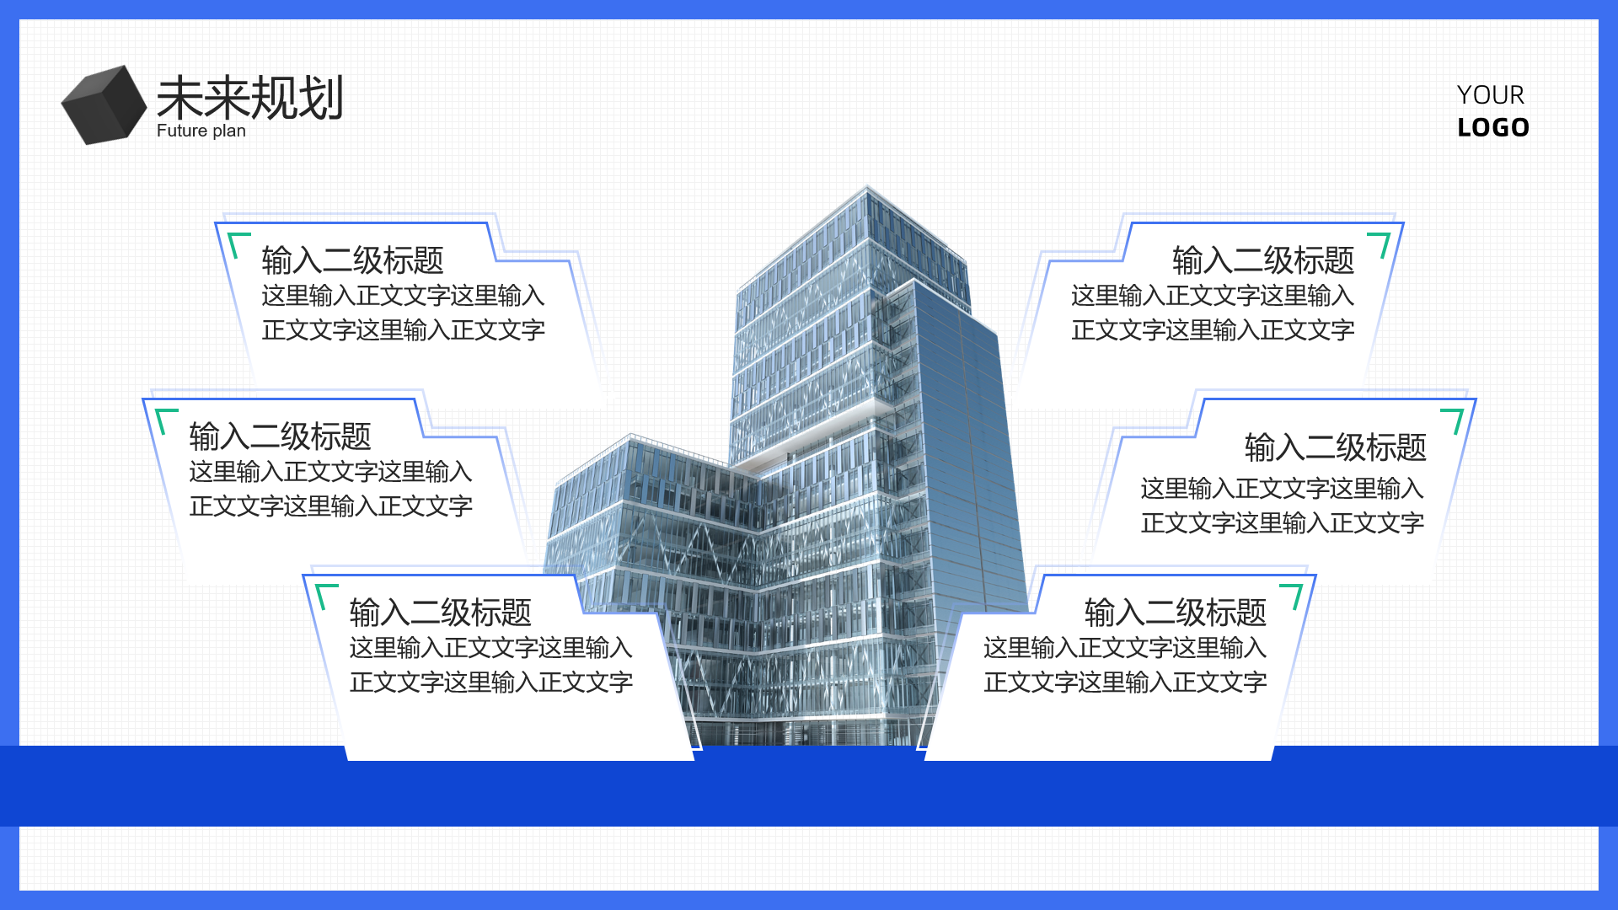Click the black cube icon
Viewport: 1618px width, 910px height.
(104, 105)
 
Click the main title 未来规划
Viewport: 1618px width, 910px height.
(249, 98)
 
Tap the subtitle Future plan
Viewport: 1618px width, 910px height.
(201, 131)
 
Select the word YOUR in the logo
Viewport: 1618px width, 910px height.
(1490, 94)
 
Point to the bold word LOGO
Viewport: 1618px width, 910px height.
(1493, 127)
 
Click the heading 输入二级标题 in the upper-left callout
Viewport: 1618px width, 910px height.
(352, 260)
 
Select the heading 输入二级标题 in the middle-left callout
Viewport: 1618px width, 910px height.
(280, 436)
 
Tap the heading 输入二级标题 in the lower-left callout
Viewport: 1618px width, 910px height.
(440, 613)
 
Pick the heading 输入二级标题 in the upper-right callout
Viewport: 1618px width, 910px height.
(1263, 260)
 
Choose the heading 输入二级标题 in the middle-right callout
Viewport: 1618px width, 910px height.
(1336, 447)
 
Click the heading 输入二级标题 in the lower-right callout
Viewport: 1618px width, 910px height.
(1176, 613)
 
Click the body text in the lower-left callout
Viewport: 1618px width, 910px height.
(490, 665)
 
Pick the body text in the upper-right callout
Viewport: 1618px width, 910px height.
(1213, 313)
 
